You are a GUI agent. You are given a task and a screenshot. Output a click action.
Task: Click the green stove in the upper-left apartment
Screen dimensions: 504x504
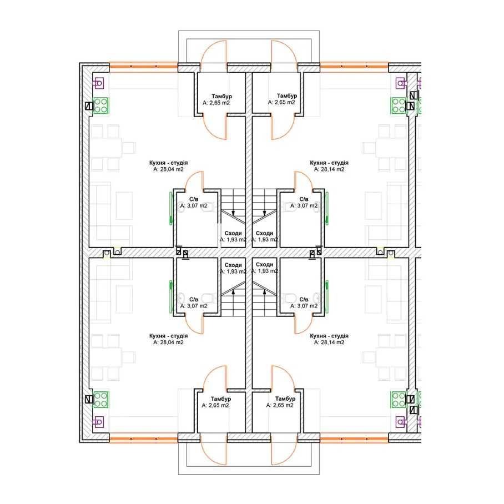click(101, 106)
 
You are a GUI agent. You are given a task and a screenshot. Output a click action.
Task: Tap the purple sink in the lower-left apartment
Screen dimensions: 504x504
click(99, 421)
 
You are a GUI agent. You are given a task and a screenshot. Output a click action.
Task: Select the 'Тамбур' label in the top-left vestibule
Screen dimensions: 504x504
click(222, 97)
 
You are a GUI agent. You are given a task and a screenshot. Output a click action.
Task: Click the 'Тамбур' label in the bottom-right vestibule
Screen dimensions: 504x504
click(285, 399)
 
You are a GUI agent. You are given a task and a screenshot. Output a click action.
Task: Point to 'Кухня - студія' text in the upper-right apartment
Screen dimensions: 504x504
click(329, 163)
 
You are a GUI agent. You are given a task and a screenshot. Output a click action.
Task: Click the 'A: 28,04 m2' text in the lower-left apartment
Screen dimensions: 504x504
click(168, 342)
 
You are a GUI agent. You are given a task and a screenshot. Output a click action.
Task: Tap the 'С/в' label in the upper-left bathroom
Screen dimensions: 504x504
click(194, 199)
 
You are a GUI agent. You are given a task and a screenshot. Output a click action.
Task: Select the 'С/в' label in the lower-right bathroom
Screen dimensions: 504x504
click(304, 300)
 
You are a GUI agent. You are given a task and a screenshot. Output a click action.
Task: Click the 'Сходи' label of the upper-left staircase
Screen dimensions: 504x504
click(233, 233)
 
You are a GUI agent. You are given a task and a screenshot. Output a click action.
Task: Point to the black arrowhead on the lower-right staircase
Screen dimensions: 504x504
click(265, 291)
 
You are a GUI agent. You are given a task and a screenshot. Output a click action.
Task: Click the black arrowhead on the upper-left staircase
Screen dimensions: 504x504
click(233, 213)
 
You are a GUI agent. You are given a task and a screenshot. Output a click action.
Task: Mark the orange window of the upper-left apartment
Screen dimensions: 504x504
click(143, 67)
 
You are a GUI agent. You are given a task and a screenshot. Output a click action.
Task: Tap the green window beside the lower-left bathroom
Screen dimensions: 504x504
click(171, 296)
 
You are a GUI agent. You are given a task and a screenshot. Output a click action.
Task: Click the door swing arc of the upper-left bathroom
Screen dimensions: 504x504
click(191, 178)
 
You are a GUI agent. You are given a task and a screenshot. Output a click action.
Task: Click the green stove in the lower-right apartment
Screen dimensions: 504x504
click(399, 400)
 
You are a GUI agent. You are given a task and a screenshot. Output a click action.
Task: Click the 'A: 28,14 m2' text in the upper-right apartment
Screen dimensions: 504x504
click(329, 169)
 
